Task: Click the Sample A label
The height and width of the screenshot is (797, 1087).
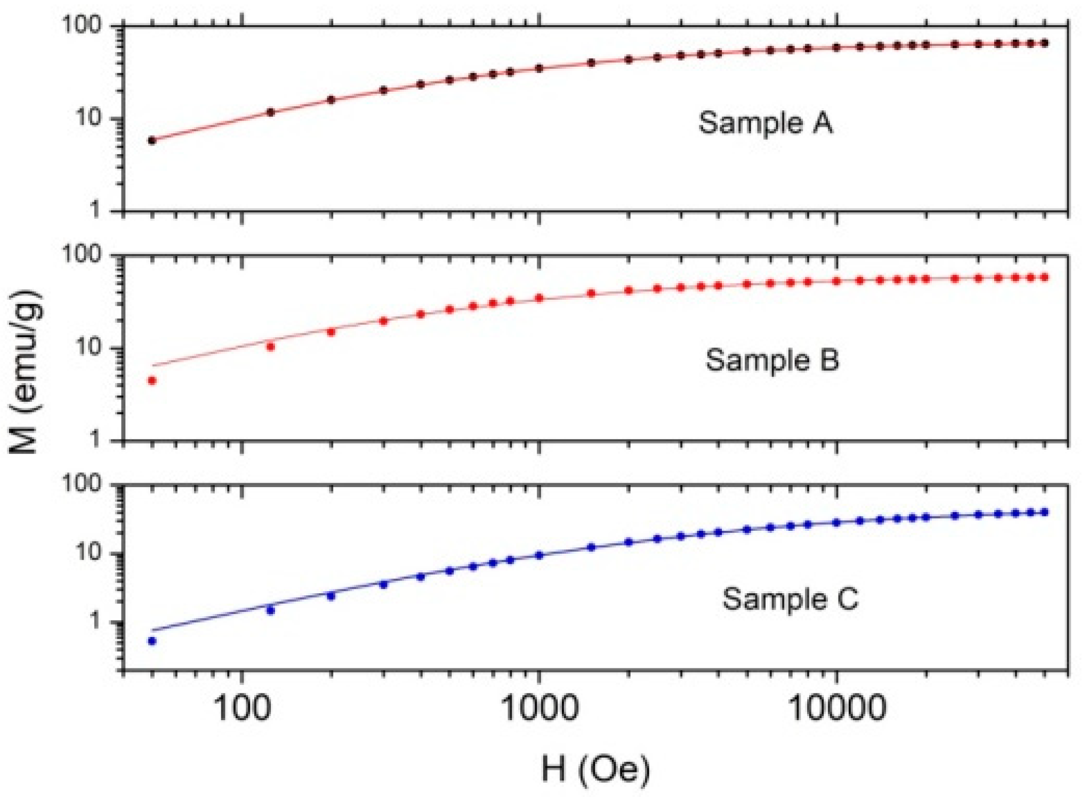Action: [x=765, y=123]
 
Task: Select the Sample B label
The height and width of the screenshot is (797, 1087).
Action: [x=772, y=360]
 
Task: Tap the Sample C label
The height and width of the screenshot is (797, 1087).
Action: [x=790, y=599]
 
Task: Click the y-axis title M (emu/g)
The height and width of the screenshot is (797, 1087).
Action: [x=25, y=372]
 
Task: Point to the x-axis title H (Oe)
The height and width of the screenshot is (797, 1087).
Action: [x=595, y=769]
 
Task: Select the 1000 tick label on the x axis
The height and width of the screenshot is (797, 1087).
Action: [x=540, y=708]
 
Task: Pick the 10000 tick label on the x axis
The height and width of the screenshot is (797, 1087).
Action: [x=836, y=708]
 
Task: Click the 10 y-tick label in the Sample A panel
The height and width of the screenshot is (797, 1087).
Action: [x=88, y=117]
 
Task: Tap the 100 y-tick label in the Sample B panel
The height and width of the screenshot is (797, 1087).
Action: [x=82, y=254]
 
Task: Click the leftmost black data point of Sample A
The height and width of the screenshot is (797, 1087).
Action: [x=152, y=140]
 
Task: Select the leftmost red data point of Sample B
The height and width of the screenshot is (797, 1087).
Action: [x=152, y=380]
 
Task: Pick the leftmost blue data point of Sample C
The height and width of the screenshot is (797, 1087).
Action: [x=152, y=641]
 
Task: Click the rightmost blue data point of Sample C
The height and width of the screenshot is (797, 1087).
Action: [x=1044, y=512]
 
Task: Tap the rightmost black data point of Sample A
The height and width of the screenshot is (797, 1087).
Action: [x=1044, y=43]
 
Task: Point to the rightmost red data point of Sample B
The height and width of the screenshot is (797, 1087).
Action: [x=1044, y=277]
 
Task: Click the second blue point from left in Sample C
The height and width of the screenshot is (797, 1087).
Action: [x=270, y=610]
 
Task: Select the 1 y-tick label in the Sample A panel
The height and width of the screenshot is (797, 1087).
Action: [x=95, y=210]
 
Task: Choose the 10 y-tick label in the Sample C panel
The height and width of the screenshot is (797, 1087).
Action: [x=88, y=553]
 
